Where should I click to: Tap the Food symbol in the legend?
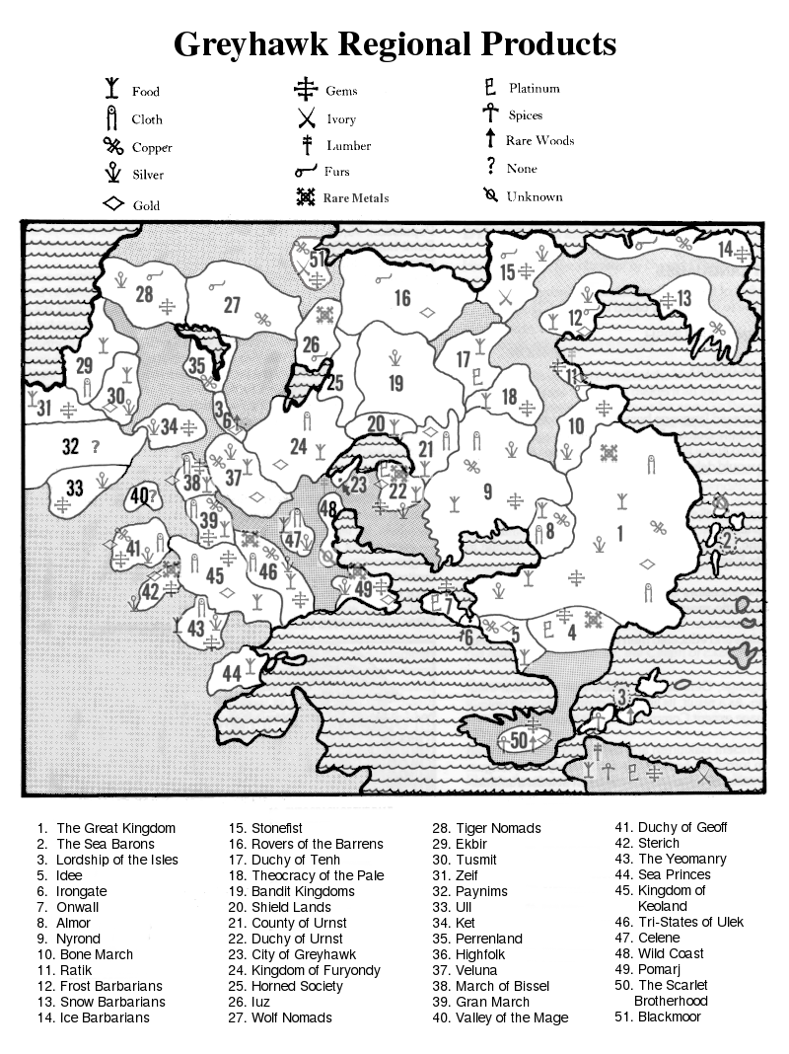(113, 90)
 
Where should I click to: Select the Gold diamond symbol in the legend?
(113, 205)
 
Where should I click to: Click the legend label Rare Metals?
(355, 197)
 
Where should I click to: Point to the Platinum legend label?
(534, 88)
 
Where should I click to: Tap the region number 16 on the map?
(402, 298)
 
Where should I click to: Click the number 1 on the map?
(620, 534)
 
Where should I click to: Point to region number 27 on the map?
(232, 305)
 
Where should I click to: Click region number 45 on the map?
(214, 576)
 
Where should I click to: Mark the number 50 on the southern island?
(521, 740)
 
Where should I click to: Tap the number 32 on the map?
(70, 446)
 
